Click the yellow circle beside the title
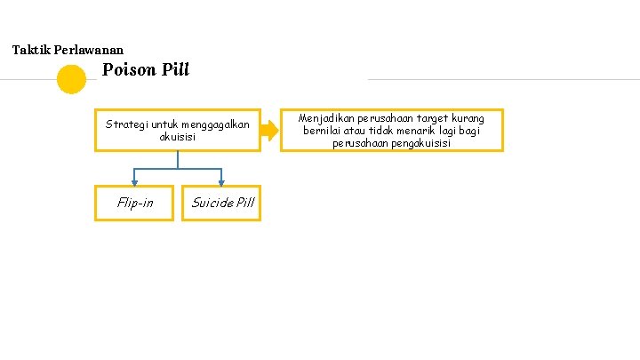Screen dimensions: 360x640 71,80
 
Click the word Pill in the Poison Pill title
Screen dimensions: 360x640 176,69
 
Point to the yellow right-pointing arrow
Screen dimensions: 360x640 269,131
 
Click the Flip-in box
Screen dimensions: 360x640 134,203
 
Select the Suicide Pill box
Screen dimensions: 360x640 221,203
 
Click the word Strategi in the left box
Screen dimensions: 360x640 128,124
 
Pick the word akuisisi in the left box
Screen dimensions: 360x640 178,137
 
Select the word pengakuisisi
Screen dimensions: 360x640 419,143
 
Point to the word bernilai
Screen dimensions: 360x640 323,131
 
